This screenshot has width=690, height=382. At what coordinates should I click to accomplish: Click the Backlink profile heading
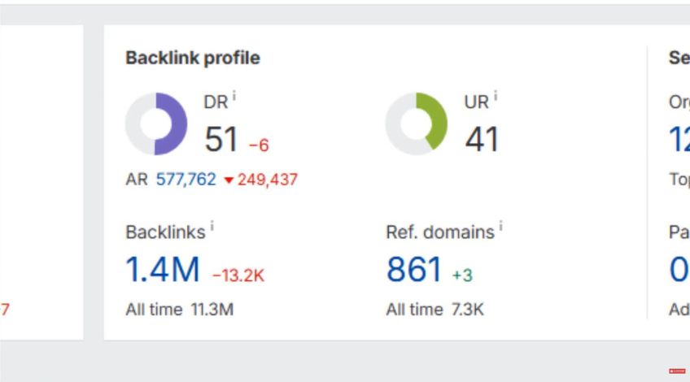[x=193, y=59]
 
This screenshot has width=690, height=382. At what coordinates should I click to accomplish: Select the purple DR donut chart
[x=155, y=124]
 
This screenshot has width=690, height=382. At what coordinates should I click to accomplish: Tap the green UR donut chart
[x=416, y=124]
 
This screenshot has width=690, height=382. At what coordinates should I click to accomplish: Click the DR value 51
[x=221, y=140]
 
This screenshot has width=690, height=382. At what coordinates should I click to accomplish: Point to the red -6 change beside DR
[x=259, y=145]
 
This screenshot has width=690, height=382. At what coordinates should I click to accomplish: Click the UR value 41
[x=482, y=140]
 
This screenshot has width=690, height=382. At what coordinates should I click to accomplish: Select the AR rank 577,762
[x=186, y=180]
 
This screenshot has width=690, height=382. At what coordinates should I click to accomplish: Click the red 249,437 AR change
[x=268, y=180]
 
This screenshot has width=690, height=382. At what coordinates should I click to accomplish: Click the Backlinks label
[x=165, y=232]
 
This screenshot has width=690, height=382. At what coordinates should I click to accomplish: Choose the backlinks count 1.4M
[x=163, y=270]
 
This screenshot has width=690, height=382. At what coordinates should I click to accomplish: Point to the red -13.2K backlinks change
[x=238, y=276]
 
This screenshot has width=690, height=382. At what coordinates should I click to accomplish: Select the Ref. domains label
[x=440, y=232]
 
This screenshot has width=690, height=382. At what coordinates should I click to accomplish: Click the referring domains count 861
[x=414, y=270]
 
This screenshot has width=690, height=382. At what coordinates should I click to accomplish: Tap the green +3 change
[x=462, y=276]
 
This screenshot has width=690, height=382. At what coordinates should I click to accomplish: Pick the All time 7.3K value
[x=467, y=310]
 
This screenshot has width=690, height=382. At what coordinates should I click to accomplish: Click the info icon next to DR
[x=234, y=97]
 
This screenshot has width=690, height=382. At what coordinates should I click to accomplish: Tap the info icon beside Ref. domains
[x=501, y=227]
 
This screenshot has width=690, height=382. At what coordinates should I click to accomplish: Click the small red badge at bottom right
[x=677, y=371]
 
